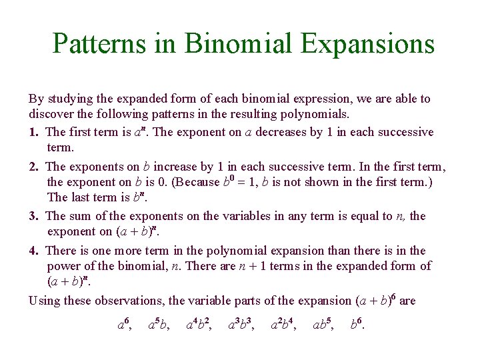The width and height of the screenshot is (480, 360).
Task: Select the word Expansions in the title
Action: point(367,45)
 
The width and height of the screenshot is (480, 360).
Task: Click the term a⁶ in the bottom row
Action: point(124,325)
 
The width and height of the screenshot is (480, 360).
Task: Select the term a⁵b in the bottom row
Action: point(159,325)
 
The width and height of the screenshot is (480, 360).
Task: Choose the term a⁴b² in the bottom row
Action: point(199,325)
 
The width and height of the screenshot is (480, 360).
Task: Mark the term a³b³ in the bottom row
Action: point(241,325)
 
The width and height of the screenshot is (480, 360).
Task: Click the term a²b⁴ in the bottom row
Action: point(284,325)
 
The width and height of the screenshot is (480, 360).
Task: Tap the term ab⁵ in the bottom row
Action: point(324,325)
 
